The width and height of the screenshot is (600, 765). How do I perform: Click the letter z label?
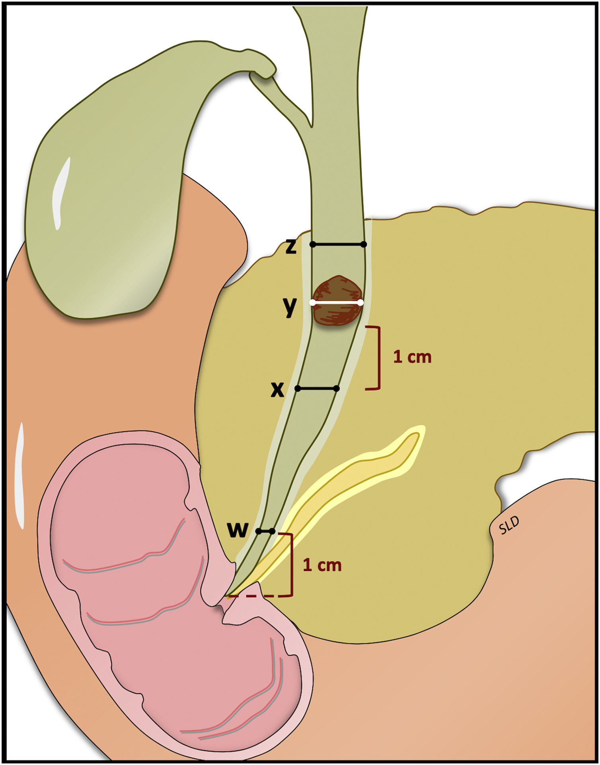291,247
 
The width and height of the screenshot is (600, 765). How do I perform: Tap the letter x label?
277,390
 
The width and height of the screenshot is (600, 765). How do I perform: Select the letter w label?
238,529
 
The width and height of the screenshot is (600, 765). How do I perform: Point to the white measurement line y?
337,302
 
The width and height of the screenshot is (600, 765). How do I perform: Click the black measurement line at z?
338,244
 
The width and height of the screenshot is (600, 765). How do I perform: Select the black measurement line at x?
317,388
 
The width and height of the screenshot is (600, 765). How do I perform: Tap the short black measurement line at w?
265,531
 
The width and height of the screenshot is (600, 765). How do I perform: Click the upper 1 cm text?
412,357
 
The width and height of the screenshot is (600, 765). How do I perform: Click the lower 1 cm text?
322,565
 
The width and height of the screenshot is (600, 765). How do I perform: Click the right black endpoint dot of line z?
364,244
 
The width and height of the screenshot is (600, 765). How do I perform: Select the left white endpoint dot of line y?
313,302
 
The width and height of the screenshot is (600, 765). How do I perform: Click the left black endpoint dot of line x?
298,388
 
